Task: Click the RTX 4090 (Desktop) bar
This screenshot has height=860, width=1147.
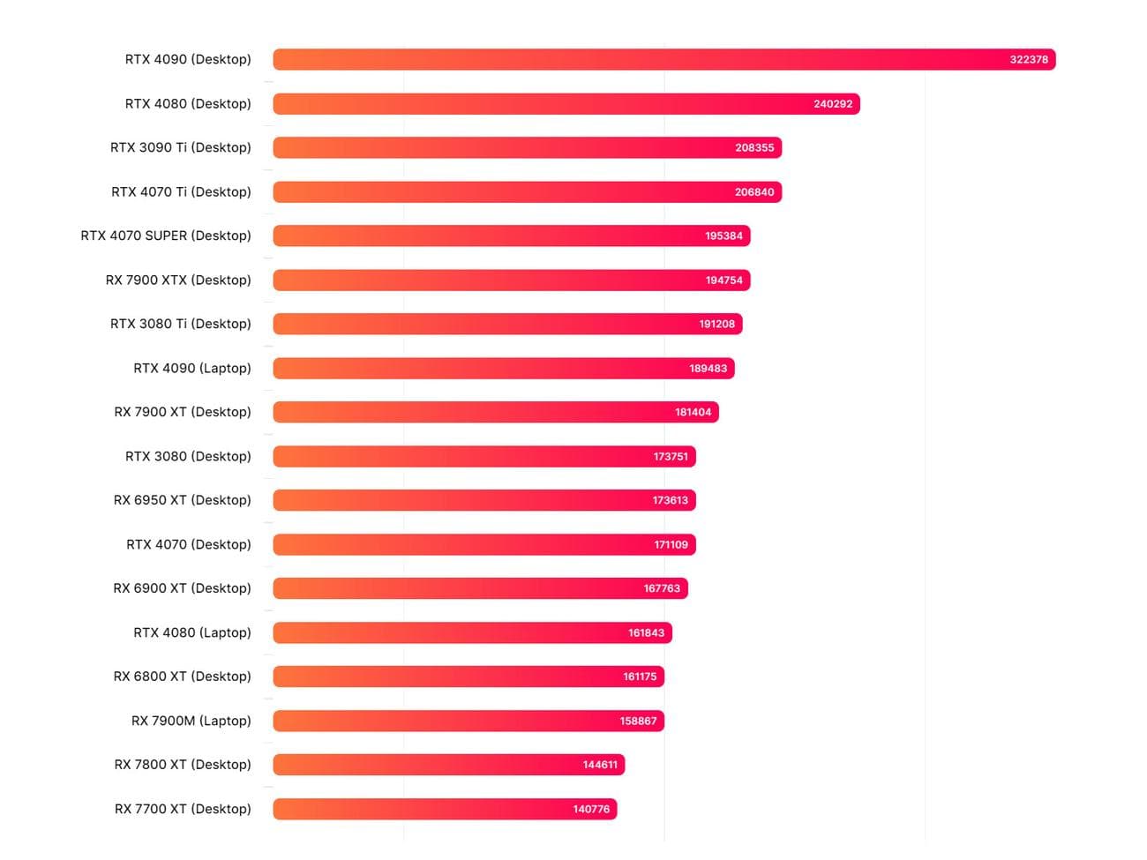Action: pyautogui.click(x=618, y=60)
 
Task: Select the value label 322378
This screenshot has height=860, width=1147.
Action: pyautogui.click(x=1029, y=60)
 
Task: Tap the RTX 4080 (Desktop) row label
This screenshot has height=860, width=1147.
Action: pyautogui.click(x=188, y=104)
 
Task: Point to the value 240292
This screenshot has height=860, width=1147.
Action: pyautogui.click(x=833, y=104)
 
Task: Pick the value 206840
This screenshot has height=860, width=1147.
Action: pyautogui.click(x=754, y=192)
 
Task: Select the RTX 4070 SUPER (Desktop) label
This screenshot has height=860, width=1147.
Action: pyautogui.click(x=166, y=236)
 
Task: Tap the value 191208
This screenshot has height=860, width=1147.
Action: pyautogui.click(x=716, y=324)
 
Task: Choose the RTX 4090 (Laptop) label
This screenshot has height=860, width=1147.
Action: pyautogui.click(x=192, y=368)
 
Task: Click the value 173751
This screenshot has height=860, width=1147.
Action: pyautogui.click(x=671, y=456)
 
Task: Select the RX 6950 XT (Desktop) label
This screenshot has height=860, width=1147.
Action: pyautogui.click(x=183, y=500)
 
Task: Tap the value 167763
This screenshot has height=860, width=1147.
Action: pyautogui.click(x=662, y=588)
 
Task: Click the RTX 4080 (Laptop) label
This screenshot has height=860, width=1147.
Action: pyautogui.click(x=192, y=632)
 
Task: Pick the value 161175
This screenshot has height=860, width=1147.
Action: pyautogui.click(x=640, y=677)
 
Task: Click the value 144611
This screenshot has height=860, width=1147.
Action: pyautogui.click(x=600, y=765)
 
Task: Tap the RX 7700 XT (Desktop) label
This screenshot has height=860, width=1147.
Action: pyautogui.click(x=183, y=809)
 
